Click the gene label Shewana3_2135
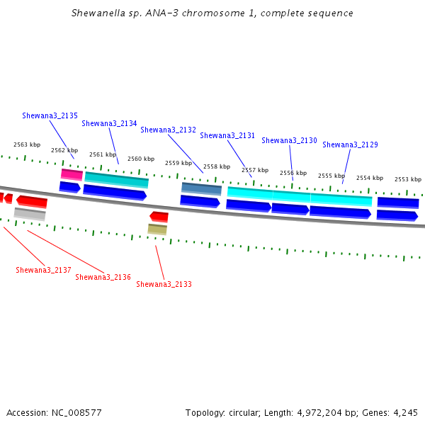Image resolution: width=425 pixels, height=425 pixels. [50, 115]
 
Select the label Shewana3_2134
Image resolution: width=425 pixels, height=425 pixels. [109, 123]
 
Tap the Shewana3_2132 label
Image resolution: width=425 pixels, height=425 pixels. [168, 130]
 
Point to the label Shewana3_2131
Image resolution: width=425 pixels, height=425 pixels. [227, 135]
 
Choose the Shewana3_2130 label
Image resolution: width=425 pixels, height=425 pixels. [289, 140]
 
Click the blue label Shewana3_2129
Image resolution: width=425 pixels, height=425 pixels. [350, 144]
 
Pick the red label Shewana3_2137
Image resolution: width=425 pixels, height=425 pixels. [43, 270]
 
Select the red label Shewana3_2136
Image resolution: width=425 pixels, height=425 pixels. [103, 277]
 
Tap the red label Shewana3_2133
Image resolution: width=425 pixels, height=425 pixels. [164, 284]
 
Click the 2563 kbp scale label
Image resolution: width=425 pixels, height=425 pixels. [27, 144]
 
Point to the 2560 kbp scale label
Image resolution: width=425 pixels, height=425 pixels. [141, 159]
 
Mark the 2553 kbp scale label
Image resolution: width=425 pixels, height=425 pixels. [408, 179]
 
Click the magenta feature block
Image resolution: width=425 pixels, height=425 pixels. [72, 174]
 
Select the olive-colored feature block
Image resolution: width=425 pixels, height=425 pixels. [157, 229]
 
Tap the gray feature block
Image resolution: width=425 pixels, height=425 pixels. [30, 214]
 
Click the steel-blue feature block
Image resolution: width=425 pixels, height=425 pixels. [201, 189]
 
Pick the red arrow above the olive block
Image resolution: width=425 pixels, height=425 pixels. [159, 217]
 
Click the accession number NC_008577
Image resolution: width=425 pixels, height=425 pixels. [76, 413]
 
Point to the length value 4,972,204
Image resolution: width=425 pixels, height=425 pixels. [319, 413]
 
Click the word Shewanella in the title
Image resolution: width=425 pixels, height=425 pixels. [98, 13]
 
